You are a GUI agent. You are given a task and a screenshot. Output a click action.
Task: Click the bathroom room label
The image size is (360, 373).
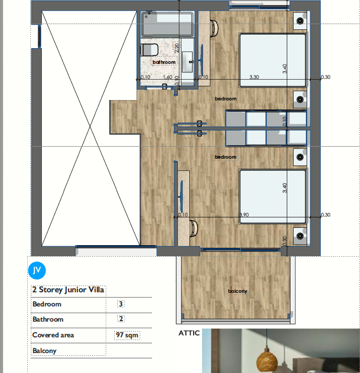coord(164,62)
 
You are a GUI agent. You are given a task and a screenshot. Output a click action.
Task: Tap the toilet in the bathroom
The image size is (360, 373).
coord(149,50)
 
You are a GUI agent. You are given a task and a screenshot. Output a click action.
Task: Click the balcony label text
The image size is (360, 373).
coord(237,291)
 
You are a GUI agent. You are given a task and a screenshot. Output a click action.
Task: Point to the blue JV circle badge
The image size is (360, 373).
coord(37,270)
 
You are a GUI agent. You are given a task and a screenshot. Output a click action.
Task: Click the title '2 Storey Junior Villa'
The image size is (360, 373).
coord(69,290)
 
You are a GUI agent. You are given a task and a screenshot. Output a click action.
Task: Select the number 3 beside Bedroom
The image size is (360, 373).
coord(121,304)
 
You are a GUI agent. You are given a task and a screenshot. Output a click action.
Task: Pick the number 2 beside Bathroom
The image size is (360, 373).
coord(121,319)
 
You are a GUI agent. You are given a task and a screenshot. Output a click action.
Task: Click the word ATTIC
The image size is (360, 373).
coord(189,333)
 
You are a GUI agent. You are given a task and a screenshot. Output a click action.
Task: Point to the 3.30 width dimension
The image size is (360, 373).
coord(254,77)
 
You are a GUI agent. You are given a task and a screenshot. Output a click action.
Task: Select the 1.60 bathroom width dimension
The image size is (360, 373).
coord(167,77)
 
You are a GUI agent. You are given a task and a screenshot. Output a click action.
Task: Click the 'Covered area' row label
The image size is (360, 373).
coord(53,335)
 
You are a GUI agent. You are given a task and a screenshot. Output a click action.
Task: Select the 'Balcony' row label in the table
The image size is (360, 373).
coord(44,350)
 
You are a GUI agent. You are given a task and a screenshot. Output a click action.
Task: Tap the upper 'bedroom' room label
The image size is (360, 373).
coord(226,98)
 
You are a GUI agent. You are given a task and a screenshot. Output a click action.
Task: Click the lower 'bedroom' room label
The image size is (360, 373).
coord(226,157)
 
